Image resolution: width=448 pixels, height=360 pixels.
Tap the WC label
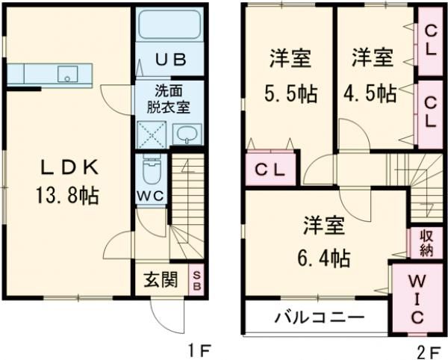pyautogui.click(x=152, y=196)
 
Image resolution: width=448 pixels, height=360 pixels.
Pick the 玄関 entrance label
pyautogui.click(x=160, y=281)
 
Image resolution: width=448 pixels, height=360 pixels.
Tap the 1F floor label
pyautogui.click(x=198, y=348)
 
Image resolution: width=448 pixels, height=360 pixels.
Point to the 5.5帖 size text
pyautogui.click(x=290, y=94)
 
